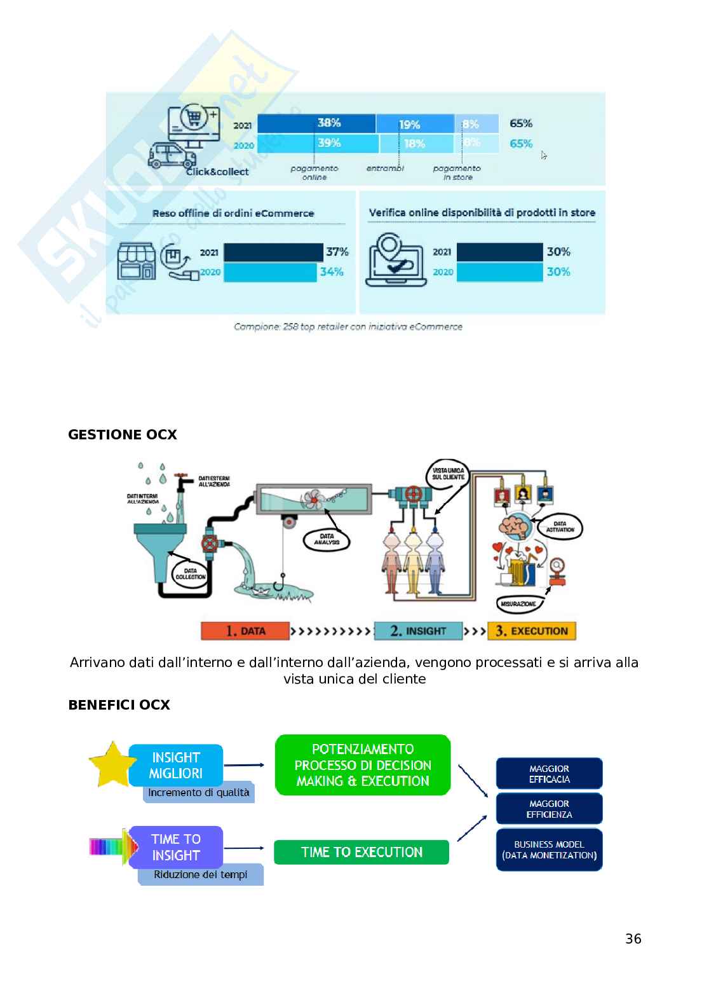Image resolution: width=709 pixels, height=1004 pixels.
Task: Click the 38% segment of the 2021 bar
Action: click(x=316, y=123)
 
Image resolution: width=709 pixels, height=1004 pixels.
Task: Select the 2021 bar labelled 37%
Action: click(x=273, y=252)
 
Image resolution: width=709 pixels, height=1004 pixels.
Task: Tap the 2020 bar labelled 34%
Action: click(x=270, y=272)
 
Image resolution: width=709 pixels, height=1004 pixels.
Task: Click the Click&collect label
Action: click(x=217, y=172)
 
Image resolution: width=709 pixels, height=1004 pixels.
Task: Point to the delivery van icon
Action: click(x=172, y=156)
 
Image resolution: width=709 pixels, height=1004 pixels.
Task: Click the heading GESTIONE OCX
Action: click(x=123, y=435)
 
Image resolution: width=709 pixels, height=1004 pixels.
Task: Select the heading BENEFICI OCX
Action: click(x=119, y=705)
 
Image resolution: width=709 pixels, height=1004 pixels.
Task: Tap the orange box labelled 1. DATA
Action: click(x=245, y=631)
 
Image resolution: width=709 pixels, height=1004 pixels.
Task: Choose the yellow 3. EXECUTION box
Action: click(x=531, y=631)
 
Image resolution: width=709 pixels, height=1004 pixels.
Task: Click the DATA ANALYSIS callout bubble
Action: click(x=327, y=540)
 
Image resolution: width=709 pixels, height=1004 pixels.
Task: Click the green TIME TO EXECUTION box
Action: click(x=361, y=852)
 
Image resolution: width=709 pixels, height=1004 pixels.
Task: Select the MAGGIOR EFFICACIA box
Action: click(x=549, y=774)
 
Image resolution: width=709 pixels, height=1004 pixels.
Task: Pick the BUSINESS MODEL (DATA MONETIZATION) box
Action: click(x=549, y=850)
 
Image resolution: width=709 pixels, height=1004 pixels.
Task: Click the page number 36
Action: click(x=633, y=939)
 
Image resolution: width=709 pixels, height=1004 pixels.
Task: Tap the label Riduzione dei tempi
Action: click(x=201, y=874)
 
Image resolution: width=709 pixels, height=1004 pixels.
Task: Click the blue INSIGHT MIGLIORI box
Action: click(x=176, y=766)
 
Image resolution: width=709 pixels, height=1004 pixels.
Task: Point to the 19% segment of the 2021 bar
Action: click(x=415, y=124)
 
